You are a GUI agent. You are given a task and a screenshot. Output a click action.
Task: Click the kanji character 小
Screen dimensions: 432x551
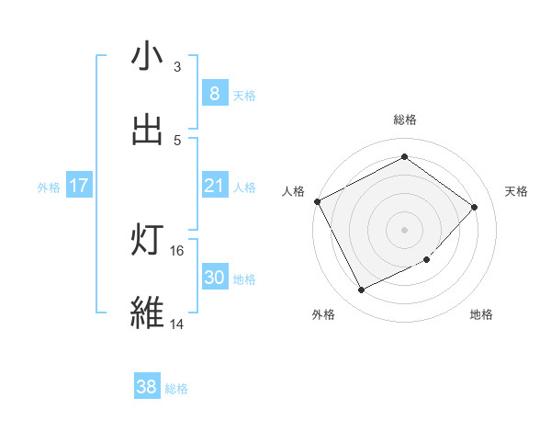(x=147, y=57)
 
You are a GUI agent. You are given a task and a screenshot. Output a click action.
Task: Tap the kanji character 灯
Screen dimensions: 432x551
(x=147, y=241)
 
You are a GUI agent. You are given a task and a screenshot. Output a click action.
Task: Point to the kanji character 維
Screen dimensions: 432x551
(x=147, y=313)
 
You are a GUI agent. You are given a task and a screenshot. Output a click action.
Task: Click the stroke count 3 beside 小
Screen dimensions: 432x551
(x=177, y=67)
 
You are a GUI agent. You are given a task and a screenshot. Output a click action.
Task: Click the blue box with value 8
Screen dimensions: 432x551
(x=214, y=93)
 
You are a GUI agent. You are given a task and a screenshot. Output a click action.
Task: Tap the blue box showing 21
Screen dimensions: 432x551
(x=214, y=187)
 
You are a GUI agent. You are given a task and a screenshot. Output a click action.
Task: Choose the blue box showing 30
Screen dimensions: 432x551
(x=214, y=278)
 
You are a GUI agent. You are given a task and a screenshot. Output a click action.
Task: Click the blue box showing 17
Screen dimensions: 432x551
(x=79, y=187)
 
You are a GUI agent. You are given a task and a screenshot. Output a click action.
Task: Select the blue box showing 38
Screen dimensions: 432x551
(x=146, y=387)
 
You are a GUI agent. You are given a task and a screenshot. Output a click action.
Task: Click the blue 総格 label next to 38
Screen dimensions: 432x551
(x=176, y=389)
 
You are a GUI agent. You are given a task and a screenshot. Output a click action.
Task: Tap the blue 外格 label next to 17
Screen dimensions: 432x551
(x=49, y=188)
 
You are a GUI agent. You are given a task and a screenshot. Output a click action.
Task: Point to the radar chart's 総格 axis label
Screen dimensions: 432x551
(x=405, y=120)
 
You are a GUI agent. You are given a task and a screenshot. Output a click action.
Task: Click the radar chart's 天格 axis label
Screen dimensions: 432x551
(x=517, y=191)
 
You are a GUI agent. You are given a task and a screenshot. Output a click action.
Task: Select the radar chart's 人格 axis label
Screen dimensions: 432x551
(x=293, y=191)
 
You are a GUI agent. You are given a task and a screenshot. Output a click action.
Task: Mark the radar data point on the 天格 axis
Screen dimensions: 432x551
(x=475, y=207)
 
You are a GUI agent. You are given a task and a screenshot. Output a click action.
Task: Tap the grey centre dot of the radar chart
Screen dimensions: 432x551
(x=405, y=230)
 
